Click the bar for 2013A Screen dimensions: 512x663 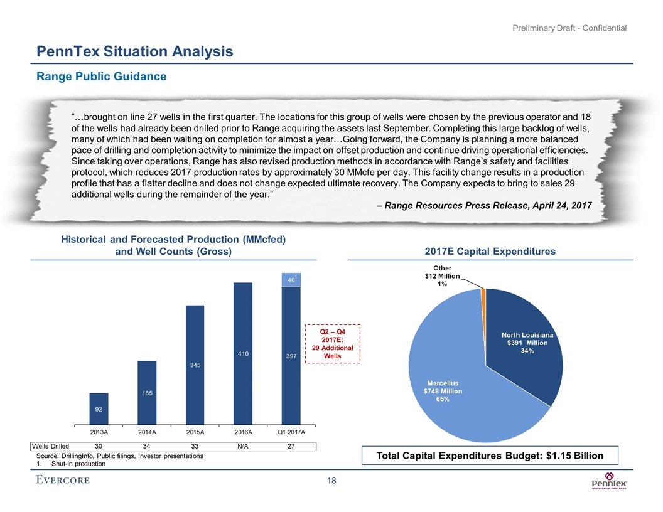point(99,408)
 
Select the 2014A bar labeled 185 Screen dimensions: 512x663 point(147,392)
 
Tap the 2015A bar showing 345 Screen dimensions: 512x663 point(195,364)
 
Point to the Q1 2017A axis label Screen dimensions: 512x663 point(291,432)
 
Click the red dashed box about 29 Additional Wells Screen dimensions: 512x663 point(332,343)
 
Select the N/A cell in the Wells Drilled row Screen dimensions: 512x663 point(243,446)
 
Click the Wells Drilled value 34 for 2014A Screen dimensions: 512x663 point(147,446)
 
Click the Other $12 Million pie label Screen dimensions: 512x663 point(442,276)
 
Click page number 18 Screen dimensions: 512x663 point(331,481)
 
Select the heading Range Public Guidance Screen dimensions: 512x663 point(100,77)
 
